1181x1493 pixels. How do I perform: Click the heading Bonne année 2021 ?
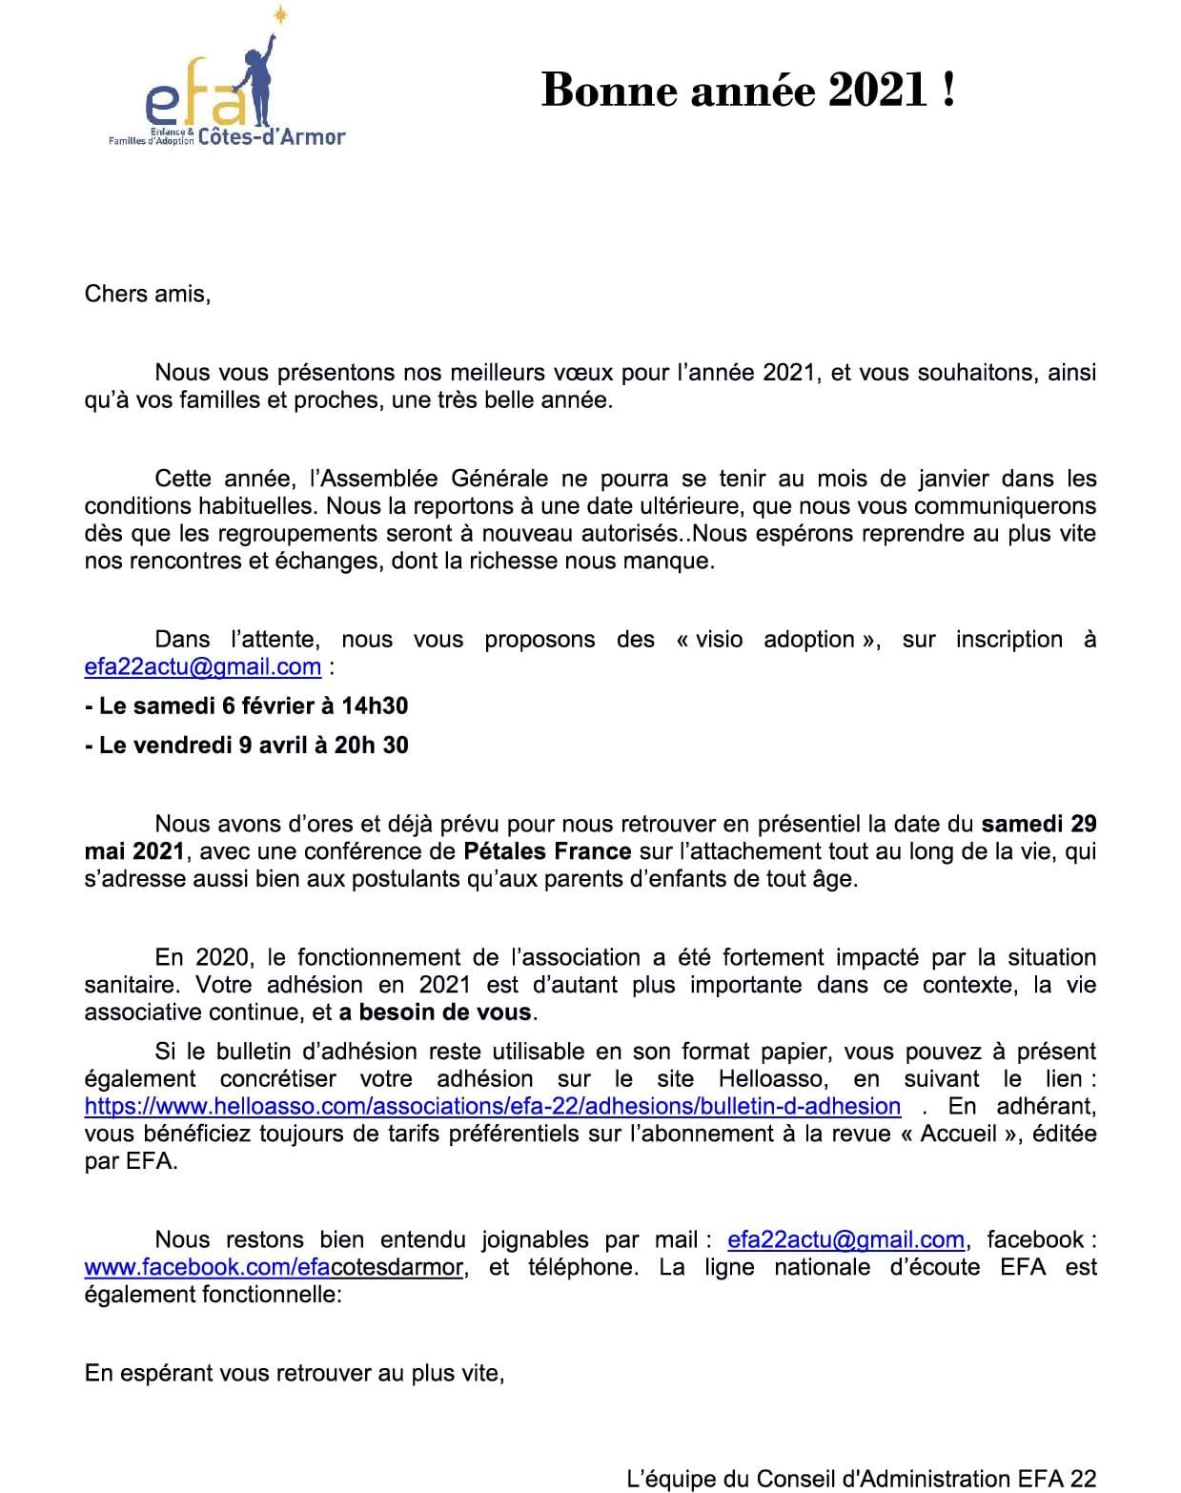747,91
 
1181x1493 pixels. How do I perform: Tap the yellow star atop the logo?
280,14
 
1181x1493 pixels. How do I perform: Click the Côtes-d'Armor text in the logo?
272,137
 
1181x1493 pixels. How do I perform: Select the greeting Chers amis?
147,293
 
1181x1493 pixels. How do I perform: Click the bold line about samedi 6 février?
246,706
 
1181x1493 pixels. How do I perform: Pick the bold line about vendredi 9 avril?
246,745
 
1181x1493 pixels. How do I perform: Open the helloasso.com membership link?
492,1106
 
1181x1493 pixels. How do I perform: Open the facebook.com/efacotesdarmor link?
275,1267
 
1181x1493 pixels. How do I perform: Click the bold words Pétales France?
547,850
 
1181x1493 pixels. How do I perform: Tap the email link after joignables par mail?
845,1239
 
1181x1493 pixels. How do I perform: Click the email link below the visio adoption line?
202,666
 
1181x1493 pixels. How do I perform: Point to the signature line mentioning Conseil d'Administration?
861,1479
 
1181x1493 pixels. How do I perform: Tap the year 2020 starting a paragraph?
222,956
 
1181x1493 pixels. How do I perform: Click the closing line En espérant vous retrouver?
294,1373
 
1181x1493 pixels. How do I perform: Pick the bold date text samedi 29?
1038,823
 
